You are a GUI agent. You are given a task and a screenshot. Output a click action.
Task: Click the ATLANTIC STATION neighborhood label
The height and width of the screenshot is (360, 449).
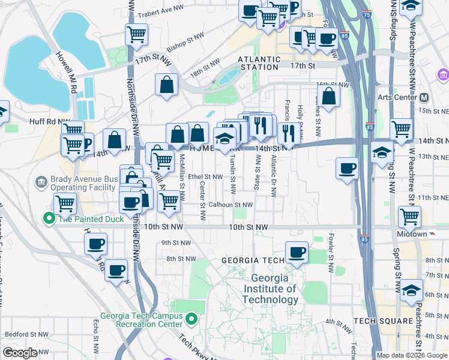pos(259,63)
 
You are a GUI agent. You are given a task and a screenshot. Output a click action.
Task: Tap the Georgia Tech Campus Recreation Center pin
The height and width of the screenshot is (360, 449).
pos(191,319)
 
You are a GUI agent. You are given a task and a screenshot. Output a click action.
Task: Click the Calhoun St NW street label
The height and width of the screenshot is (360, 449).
pos(231,205)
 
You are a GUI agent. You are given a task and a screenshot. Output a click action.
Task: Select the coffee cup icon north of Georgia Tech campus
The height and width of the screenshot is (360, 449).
pos(296,253)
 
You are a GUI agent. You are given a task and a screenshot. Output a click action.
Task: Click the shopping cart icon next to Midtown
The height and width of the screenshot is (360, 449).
pos(409,217)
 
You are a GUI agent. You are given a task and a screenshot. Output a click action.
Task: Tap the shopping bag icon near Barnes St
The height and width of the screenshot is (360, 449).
pos(329,96)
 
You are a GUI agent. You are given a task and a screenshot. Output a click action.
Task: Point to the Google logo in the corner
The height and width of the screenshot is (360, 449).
pos(20,353)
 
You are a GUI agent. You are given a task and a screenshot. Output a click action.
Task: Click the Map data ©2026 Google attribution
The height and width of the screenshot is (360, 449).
pos(411,355)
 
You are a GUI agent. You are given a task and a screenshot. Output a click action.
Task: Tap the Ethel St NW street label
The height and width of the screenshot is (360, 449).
pos(205,177)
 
